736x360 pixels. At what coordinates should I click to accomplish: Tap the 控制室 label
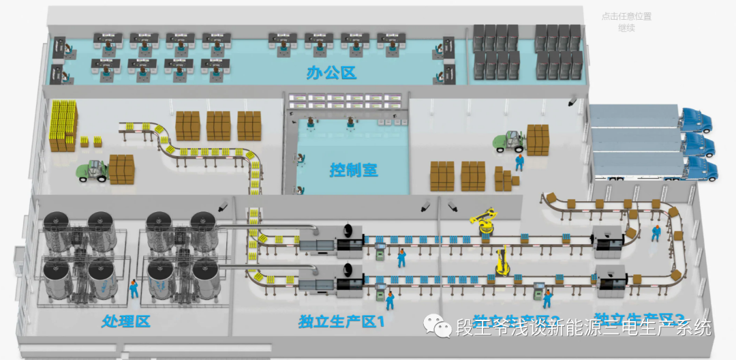click(x=353, y=170)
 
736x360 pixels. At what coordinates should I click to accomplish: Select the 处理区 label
click(x=125, y=320)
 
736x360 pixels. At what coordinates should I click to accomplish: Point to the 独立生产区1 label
click(x=341, y=322)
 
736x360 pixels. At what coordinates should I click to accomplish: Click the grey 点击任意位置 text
click(x=626, y=16)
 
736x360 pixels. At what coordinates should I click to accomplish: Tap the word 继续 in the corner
click(x=626, y=28)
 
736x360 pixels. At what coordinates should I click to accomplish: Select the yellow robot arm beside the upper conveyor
click(x=485, y=222)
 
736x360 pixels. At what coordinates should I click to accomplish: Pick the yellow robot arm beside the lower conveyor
click(x=502, y=262)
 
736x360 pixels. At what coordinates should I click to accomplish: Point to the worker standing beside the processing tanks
click(x=134, y=288)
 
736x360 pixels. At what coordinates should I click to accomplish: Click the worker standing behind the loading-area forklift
click(x=519, y=162)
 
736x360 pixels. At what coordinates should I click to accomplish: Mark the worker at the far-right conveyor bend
click(x=656, y=233)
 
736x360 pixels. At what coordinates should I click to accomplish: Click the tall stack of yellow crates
click(x=63, y=125)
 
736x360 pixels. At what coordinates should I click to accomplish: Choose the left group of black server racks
click(x=496, y=51)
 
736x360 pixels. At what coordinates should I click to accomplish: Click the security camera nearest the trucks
click(x=572, y=102)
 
